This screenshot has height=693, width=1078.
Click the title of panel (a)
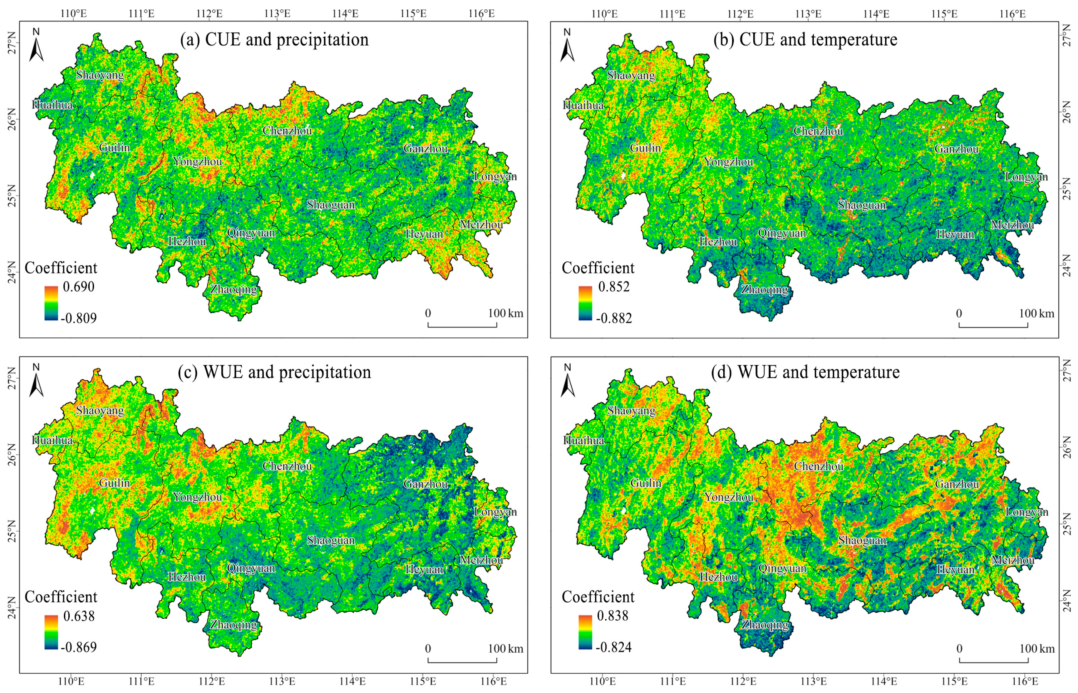[x=274, y=40]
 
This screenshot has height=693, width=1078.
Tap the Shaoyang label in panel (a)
[x=100, y=75]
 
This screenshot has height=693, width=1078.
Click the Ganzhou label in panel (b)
[x=957, y=149]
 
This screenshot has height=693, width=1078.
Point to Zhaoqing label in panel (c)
[x=234, y=625]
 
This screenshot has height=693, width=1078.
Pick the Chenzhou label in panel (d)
[x=818, y=466]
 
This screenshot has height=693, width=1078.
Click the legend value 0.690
[x=78, y=287]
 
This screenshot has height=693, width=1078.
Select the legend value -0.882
[x=614, y=318]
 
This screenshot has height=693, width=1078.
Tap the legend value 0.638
[x=79, y=616]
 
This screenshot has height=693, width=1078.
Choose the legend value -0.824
[x=614, y=647]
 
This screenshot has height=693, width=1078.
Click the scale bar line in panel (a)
[x=462, y=325]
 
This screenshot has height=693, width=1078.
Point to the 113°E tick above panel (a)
[x=277, y=13]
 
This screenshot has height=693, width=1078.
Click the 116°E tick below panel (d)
[x=1025, y=681]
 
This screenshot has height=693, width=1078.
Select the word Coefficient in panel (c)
[x=61, y=597]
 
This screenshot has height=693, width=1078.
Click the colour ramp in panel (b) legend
[x=585, y=303]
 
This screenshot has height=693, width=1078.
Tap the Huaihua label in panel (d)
[x=583, y=440]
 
